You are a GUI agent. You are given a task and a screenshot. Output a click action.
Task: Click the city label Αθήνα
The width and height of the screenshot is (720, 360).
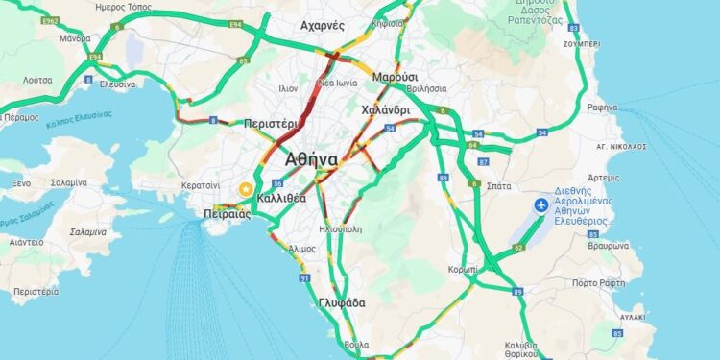click(x=311, y=159)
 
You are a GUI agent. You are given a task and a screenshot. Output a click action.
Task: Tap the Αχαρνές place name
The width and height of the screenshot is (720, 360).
click(x=322, y=26)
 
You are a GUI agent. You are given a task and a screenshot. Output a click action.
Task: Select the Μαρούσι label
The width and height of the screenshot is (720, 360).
click(x=396, y=76)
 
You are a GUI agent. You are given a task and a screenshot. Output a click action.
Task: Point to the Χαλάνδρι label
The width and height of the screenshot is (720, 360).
click(x=386, y=110)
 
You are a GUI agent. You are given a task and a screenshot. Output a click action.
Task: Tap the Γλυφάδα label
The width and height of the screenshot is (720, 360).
click(x=342, y=302)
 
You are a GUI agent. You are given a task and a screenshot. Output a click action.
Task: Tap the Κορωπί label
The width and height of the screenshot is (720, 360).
click(x=463, y=270)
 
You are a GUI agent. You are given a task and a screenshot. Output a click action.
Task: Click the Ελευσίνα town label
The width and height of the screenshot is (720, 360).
click(x=118, y=84)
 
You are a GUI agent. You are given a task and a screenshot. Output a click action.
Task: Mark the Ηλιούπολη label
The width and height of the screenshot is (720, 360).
click(x=340, y=229)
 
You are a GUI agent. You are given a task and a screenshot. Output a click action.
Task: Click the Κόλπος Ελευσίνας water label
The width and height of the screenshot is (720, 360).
click(x=80, y=115)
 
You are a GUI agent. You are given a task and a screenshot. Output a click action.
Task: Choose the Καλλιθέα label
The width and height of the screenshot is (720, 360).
click(x=282, y=197)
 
